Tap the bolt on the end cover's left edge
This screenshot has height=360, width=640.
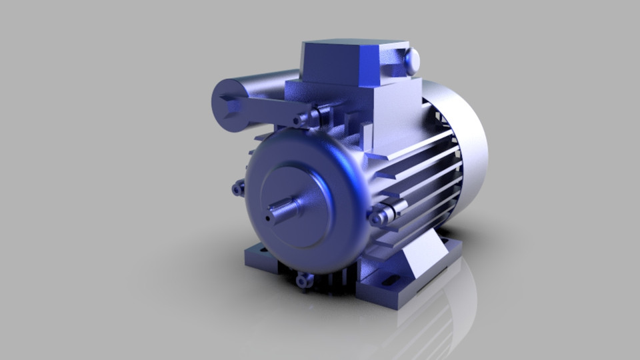[238, 189]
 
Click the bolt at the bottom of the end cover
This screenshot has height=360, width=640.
[303, 281]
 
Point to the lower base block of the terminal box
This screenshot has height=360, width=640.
[393, 117]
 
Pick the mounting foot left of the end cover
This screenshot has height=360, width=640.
[260, 257]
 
